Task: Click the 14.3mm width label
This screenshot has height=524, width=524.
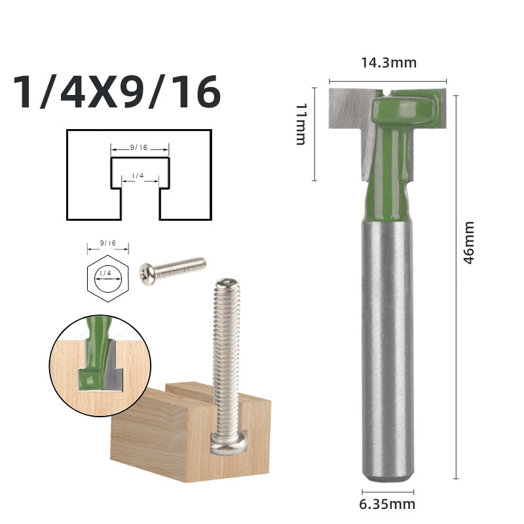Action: (388, 63)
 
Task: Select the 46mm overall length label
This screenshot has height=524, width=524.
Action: (469, 242)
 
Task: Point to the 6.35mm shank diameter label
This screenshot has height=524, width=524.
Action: (388, 504)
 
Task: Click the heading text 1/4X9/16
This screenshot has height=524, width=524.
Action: (117, 93)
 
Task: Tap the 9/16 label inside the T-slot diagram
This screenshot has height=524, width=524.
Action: (139, 148)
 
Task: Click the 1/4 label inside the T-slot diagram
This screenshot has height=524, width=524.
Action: (138, 176)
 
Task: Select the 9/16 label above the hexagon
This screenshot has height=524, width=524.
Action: (108, 243)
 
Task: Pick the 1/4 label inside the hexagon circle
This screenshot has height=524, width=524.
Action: (107, 272)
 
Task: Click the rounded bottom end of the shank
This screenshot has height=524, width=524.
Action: (388, 477)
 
